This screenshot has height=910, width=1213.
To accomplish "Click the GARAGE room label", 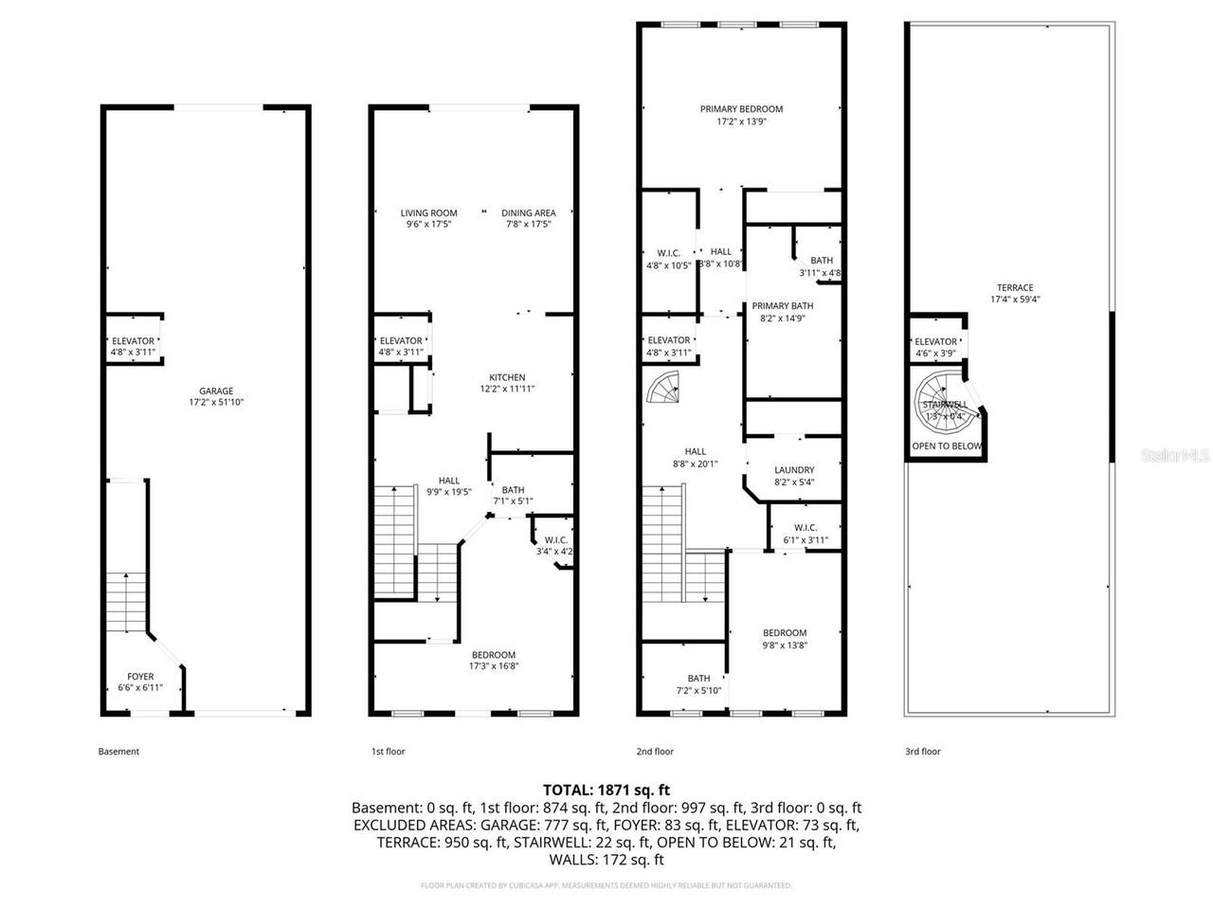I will point(216,391).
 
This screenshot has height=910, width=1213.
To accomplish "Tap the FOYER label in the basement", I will point(140,677).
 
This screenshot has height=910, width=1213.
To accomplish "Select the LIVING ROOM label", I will point(428,213).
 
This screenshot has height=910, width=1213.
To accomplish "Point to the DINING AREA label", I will point(528,213).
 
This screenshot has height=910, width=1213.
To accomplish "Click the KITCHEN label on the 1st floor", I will point(507,377).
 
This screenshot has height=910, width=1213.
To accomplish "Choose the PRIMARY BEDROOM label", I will point(741,109).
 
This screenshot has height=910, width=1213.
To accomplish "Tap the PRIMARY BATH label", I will point(782,306).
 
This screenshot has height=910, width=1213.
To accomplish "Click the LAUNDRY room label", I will point(793,470).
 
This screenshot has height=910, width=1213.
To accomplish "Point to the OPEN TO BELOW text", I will point(946,446).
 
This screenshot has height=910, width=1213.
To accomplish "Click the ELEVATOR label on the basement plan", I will point(133,341).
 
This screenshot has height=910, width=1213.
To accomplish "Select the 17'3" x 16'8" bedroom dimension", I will point(494,665).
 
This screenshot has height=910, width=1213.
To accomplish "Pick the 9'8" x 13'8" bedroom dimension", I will point(785,646).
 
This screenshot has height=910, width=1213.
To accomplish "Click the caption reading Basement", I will point(118,752).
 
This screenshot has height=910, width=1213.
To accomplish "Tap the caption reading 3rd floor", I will point(922,752).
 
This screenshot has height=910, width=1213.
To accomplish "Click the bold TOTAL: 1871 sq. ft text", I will point(606,789).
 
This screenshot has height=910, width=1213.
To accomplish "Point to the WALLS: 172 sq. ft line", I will point(606,860).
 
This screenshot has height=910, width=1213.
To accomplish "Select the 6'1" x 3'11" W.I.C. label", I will point(806,540).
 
